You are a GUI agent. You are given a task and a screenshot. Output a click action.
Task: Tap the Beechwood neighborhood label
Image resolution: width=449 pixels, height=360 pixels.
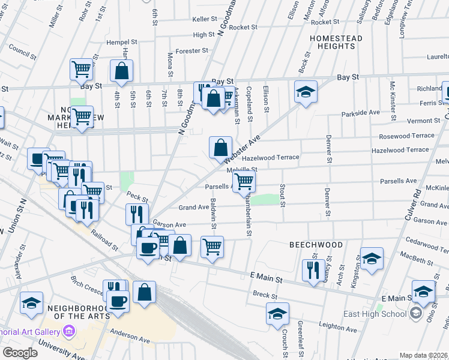coord(316,245)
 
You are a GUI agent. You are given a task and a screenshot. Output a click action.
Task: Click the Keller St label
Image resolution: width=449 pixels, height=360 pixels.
coord(205,19)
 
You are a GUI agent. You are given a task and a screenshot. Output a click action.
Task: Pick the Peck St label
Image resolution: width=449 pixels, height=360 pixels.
coord(137,196)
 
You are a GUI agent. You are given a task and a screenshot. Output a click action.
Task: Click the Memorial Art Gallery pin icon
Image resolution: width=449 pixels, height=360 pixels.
coord(70,331)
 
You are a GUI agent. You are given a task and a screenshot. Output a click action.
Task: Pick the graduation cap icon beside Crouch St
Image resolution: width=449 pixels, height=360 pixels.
coord(277,313)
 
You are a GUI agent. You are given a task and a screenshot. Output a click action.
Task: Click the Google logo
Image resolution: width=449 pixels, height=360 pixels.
coord(20,353)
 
